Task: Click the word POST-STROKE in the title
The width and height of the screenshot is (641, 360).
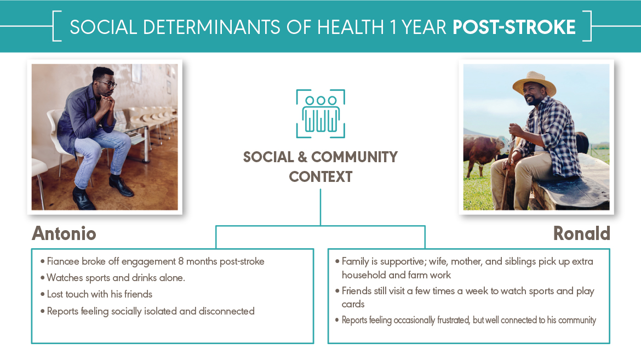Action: click(x=514, y=27)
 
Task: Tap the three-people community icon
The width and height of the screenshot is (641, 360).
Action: click(x=321, y=114)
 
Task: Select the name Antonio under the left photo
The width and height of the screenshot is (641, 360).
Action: click(x=64, y=233)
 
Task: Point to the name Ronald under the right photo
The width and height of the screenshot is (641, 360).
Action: click(x=581, y=233)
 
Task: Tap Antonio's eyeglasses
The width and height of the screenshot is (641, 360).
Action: click(x=107, y=84)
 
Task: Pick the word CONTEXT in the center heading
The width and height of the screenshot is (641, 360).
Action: click(x=321, y=177)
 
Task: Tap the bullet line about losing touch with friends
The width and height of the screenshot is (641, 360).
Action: click(x=99, y=294)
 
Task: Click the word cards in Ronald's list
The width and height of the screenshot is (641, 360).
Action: click(x=353, y=304)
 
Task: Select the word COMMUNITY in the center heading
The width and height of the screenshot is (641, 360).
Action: click(x=354, y=157)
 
